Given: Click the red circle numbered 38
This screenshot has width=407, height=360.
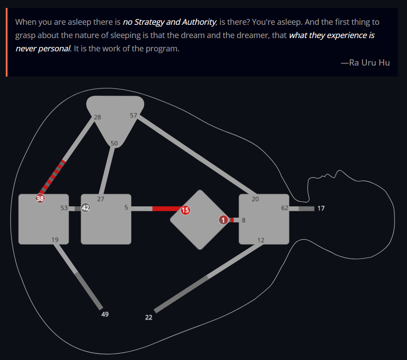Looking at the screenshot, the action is tap(40, 199).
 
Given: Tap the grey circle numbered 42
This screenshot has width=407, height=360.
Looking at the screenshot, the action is tap(86, 208).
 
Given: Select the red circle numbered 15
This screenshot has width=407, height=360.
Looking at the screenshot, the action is tap(185, 210).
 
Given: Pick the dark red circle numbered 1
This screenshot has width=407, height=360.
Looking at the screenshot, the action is tap(223, 220).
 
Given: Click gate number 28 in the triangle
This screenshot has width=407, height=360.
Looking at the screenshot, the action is tap(97, 117).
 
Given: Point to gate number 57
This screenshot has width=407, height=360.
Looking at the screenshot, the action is tap(134, 115).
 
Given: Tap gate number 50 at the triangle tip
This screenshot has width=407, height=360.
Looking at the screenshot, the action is tap(114, 143).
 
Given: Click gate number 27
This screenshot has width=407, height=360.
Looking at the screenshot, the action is tap(101, 199).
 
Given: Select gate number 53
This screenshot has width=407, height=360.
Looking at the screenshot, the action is tap(64, 208).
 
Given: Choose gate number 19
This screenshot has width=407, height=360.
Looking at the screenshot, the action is tap(55, 240).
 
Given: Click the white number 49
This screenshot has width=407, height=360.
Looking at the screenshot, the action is tap(105, 314).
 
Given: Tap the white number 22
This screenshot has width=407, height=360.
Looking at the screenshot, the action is tap(149, 317).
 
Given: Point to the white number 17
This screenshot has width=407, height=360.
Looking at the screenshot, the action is tap(321, 208).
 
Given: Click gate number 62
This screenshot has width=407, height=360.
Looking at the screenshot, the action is tap(285, 208).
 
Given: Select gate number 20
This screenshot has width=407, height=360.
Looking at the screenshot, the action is tap(255, 199).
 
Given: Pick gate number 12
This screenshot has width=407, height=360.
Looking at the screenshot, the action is tap(261, 240).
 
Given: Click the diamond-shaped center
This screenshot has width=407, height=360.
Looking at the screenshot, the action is tap(200, 220).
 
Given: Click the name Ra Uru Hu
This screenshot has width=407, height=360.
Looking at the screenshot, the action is tap(369, 62).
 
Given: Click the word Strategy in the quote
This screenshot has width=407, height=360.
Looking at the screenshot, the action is tap(149, 22).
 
